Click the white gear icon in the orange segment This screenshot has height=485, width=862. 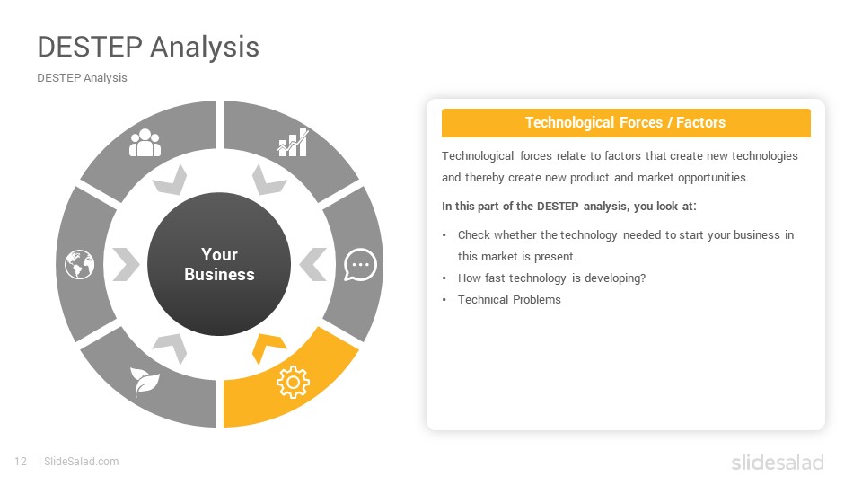[x=293, y=382]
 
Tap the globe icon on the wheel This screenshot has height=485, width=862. [x=80, y=264]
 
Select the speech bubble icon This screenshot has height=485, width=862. [x=360, y=264]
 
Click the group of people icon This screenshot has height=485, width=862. [x=145, y=143]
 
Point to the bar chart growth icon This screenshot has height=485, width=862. [x=293, y=143]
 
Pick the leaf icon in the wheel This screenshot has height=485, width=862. [x=145, y=382]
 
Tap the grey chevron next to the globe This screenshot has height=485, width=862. [x=126, y=264]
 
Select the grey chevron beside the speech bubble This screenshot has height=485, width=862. [x=313, y=264]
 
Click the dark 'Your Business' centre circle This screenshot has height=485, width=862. [x=219, y=264]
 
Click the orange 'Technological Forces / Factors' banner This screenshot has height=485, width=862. [x=626, y=123]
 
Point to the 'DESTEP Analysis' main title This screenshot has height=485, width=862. [x=148, y=47]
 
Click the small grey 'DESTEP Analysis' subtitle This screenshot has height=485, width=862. [x=82, y=78]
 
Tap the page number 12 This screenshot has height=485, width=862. [x=21, y=462]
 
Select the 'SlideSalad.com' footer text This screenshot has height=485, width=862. [x=82, y=462]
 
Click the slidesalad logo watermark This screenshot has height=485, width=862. [x=778, y=462]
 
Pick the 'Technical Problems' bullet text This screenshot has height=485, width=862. [x=509, y=300]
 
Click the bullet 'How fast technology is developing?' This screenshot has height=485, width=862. [x=552, y=278]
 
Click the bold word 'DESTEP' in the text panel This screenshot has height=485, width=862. [x=558, y=207]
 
